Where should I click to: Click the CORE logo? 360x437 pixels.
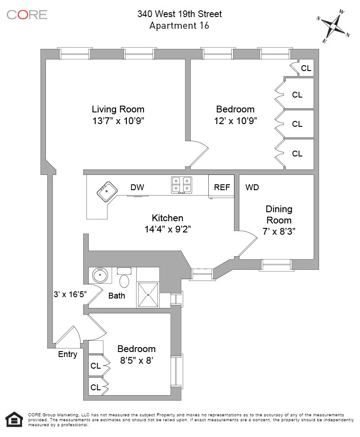pyautogui.click(x=27, y=14)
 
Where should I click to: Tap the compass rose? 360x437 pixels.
pyautogui.click(x=333, y=26)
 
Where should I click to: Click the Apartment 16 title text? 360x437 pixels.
pyautogui.click(x=179, y=26)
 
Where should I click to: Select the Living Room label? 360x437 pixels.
pyautogui.click(x=118, y=109)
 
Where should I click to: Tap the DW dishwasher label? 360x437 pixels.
pyautogui.click(x=137, y=187)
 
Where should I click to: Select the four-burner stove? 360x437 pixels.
pyautogui.click(x=181, y=185)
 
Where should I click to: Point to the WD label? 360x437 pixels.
pyautogui.click(x=252, y=187)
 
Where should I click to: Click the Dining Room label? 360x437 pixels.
pyautogui.click(x=279, y=214)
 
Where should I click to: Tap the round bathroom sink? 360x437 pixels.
pyautogui.click(x=100, y=274)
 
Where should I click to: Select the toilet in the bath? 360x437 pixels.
pyautogui.click(x=124, y=280)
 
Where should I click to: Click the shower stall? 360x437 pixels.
pyautogui.click(x=148, y=294)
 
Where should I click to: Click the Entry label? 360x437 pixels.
pyautogui.click(x=67, y=354)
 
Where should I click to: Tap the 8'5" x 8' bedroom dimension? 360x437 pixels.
pyautogui.click(x=136, y=360)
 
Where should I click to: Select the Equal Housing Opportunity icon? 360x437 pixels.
pyautogui.click(x=15, y=419)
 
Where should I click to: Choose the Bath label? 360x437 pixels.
pyautogui.click(x=117, y=296)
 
